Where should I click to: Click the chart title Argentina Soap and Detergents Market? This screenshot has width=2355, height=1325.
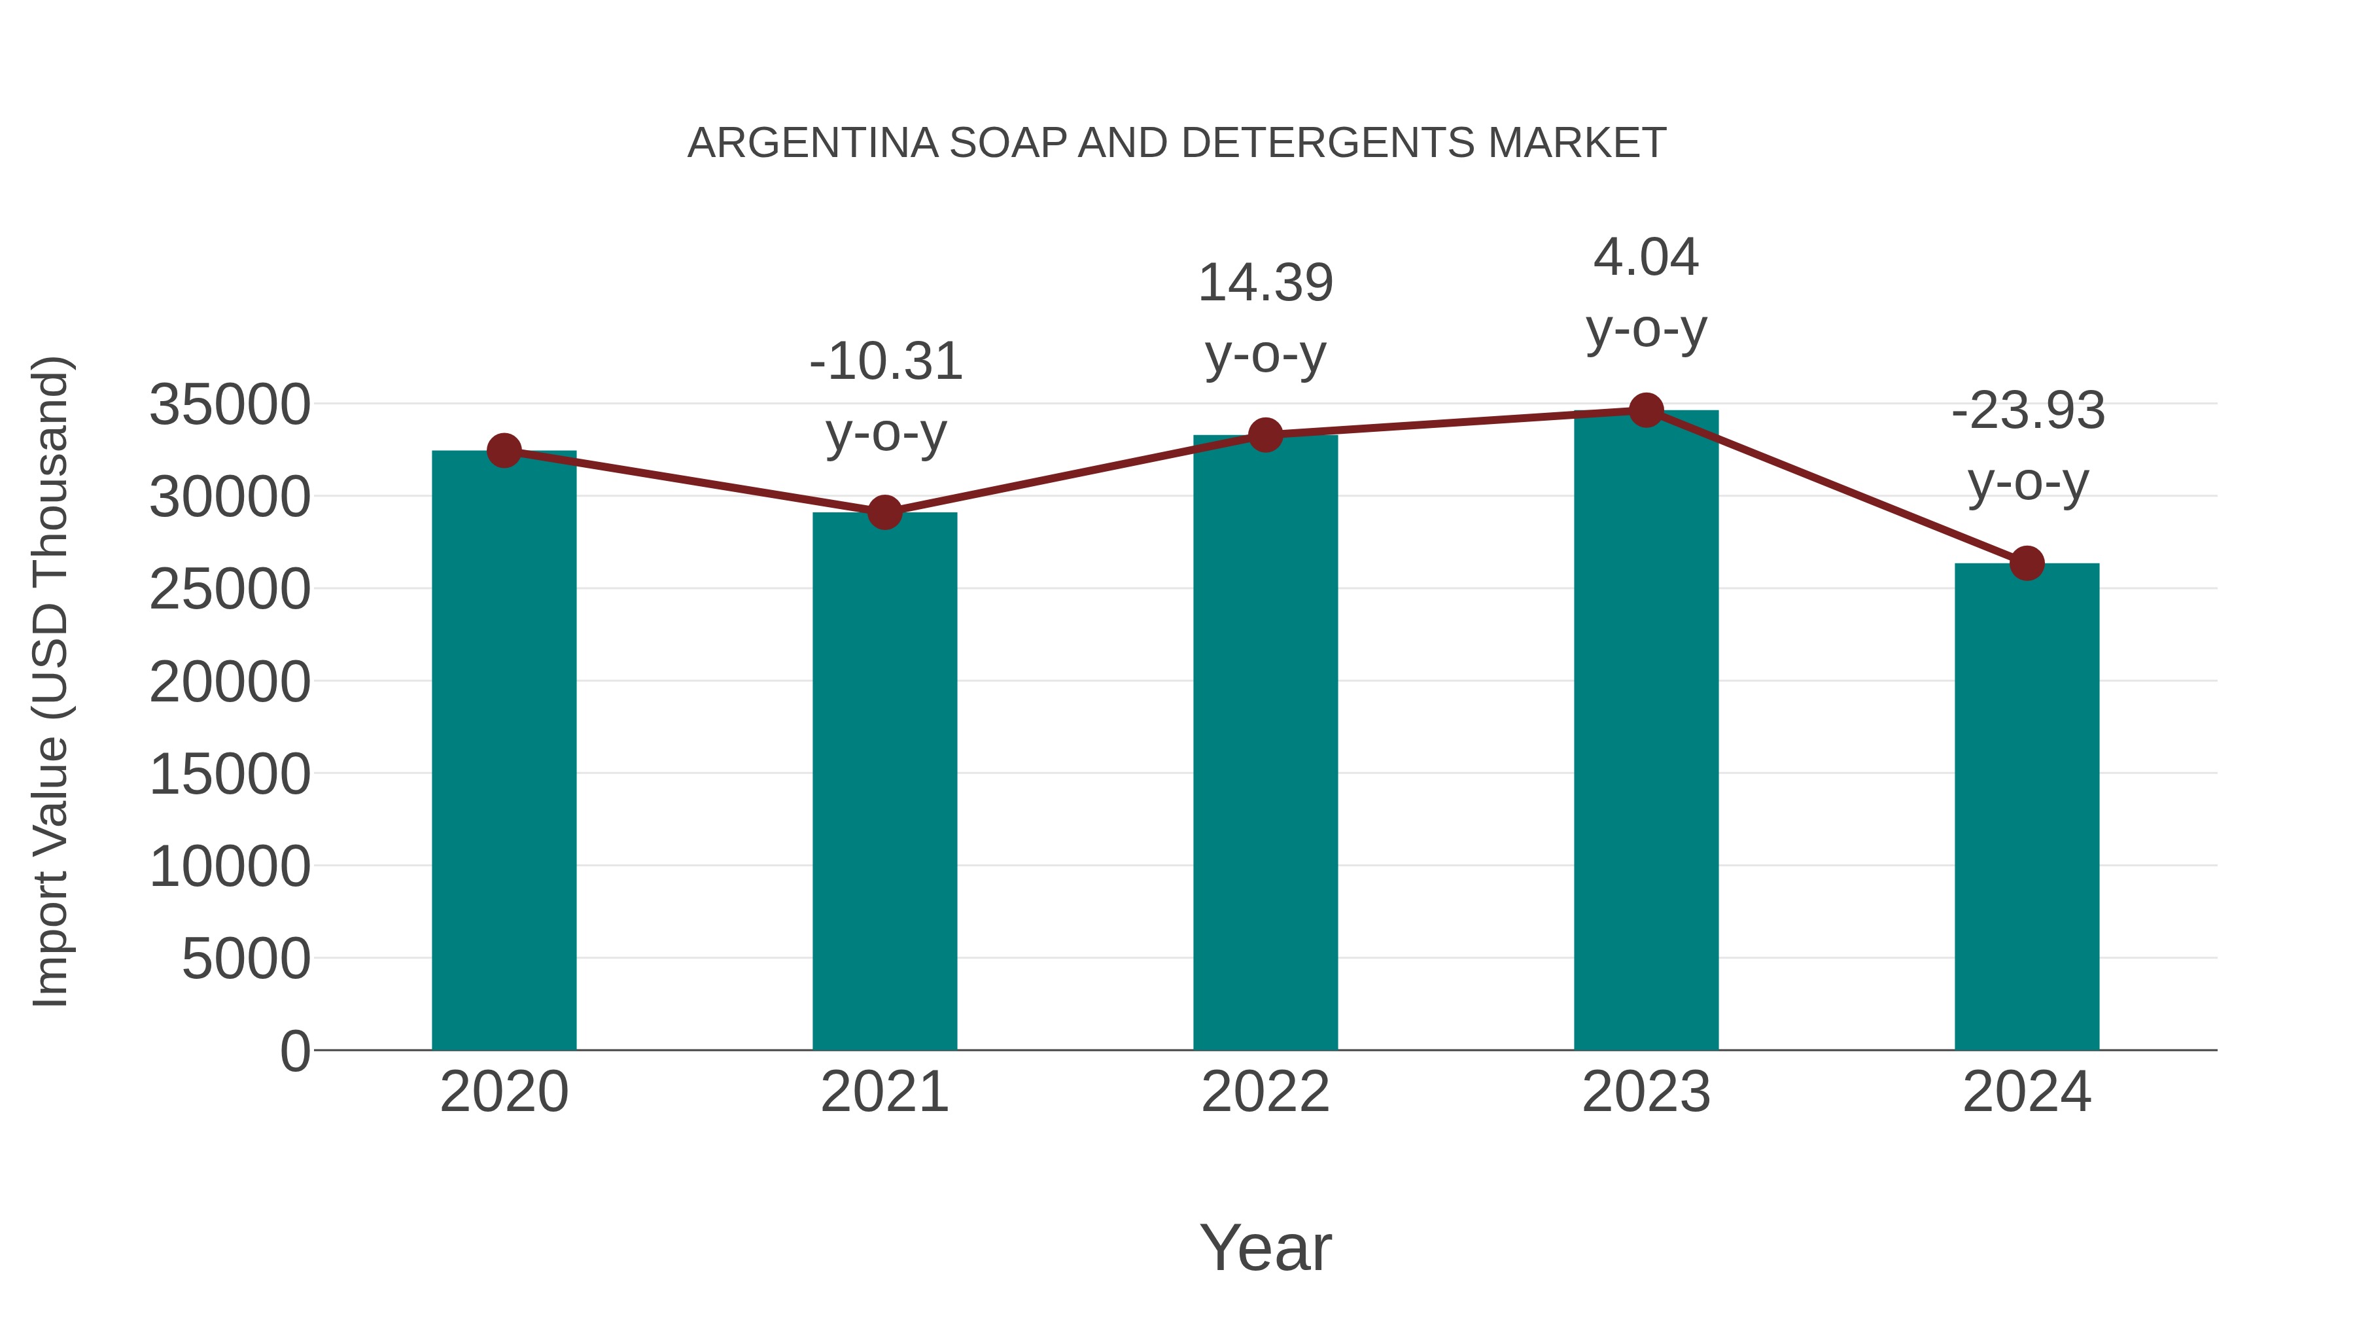tap(1177, 143)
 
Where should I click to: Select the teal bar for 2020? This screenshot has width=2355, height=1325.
tap(504, 750)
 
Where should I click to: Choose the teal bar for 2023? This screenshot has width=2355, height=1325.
tap(1646, 732)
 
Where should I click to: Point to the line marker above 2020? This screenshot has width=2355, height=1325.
tap(504, 450)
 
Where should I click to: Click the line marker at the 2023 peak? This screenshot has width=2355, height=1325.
tap(1646, 410)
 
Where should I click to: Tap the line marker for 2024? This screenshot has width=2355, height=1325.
tap(2027, 563)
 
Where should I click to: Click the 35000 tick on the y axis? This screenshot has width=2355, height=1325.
tap(230, 405)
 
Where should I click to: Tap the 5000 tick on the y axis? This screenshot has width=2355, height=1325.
tap(246, 959)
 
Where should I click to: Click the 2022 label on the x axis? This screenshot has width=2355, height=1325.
tap(1265, 1092)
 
